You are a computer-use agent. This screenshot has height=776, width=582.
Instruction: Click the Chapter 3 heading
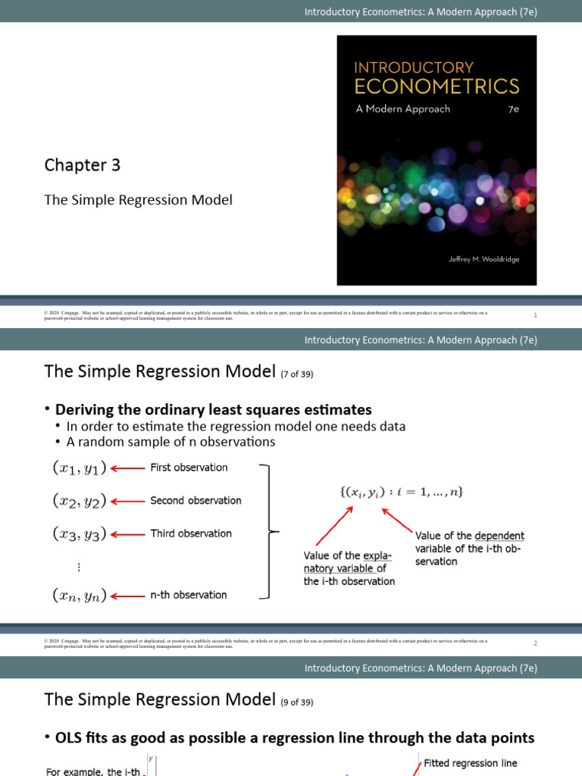[82, 165]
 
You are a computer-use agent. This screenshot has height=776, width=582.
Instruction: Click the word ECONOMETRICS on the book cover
[437, 86]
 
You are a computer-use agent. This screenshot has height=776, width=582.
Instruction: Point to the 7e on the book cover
[513, 109]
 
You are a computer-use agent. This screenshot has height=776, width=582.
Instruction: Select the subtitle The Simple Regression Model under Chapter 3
[138, 200]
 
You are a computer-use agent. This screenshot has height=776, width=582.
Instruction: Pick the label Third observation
[191, 533]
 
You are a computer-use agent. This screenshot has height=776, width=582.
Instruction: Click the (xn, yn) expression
[80, 596]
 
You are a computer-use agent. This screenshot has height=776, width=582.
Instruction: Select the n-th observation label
[189, 596]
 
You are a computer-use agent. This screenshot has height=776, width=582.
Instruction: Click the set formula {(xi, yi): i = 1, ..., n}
[401, 492]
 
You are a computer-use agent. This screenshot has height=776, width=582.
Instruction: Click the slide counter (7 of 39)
[296, 374]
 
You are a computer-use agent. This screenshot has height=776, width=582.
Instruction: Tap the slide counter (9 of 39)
[296, 702]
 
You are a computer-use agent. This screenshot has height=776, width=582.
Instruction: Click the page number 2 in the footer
[535, 643]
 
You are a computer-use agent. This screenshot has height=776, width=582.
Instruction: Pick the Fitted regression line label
[470, 763]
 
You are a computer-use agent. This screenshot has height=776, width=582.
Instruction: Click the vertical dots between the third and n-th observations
[79, 568]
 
